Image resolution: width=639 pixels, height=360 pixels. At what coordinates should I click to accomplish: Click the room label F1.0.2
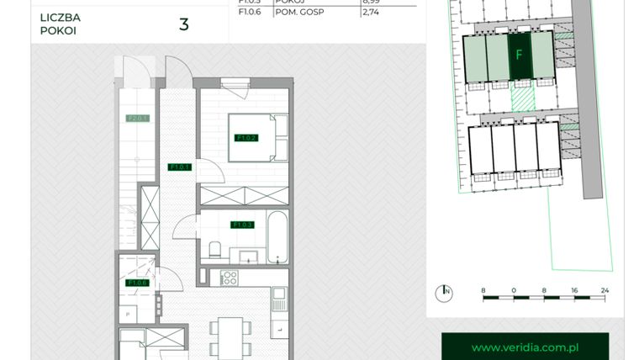pos(246,138)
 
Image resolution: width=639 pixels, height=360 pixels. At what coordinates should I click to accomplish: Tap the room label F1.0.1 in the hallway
pos(179,167)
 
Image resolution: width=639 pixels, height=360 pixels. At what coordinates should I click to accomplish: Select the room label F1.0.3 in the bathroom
pos(243,225)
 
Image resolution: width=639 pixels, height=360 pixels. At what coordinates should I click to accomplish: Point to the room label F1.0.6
pos(137,283)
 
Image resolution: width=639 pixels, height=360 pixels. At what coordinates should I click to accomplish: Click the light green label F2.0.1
pos(137,119)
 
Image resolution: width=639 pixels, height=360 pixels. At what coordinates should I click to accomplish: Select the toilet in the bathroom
pos(215,249)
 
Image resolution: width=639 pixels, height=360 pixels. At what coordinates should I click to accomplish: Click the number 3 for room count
pos(183,24)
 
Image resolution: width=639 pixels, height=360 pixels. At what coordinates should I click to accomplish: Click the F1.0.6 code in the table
pos(250,13)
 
